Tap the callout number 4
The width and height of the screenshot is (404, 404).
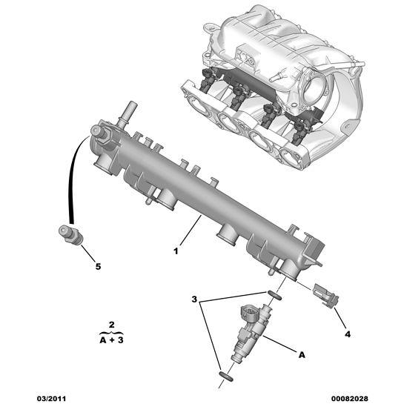(347, 334)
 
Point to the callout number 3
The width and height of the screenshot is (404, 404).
(194, 299)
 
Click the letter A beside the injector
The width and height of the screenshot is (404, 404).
(302, 355)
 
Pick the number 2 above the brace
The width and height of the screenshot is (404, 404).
(110, 325)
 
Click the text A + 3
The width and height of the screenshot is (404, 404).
(111, 340)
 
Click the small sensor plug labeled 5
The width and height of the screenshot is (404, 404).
(70, 234)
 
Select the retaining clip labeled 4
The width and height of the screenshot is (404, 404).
(326, 294)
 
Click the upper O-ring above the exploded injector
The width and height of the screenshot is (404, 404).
(274, 295)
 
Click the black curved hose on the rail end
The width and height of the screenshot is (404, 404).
(74, 178)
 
